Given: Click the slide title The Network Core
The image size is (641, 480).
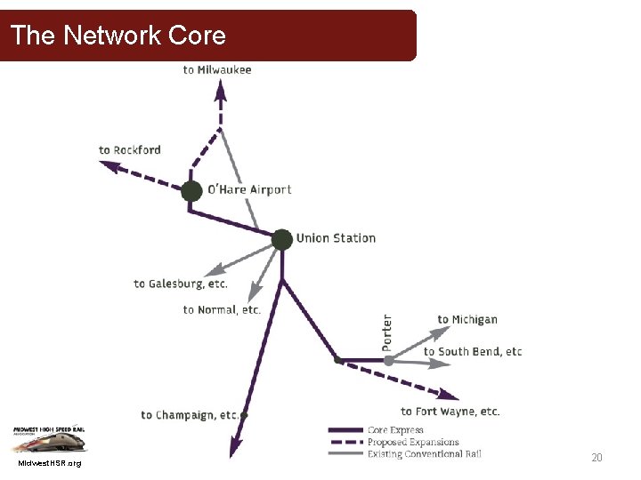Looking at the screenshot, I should tap(118, 36).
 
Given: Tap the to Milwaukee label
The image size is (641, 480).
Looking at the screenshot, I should tap(217, 69).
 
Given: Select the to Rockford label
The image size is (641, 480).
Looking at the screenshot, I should tap(130, 149).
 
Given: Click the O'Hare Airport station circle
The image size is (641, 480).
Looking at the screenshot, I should tap(191, 191).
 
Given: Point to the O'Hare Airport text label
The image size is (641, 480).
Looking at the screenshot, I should tap(249, 189).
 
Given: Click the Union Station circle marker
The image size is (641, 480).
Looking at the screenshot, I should tap(282, 239).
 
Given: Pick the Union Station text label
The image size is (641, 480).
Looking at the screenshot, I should tap(336, 238).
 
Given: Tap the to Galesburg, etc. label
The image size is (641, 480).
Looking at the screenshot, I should tap(181, 284).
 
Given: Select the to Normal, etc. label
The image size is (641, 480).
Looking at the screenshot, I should tap(222, 309).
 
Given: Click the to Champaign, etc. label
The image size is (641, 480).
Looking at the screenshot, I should tap(190, 415).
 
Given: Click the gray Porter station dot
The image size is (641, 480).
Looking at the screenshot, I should tap(388, 360).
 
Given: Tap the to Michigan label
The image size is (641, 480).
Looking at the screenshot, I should tap(467, 319).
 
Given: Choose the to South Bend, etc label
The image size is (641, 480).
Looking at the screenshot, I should tap(473, 351).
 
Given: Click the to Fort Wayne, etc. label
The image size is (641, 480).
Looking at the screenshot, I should tap(450, 412).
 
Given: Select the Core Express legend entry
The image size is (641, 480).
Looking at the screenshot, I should tap(395, 430).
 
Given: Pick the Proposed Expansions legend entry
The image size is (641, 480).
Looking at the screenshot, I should tap(413, 442).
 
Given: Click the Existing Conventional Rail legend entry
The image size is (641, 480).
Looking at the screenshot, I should tap(424, 454).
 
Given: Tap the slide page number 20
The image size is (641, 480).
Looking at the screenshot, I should tap(597, 458).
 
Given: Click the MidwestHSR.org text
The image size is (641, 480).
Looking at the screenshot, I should tap(49, 463).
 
